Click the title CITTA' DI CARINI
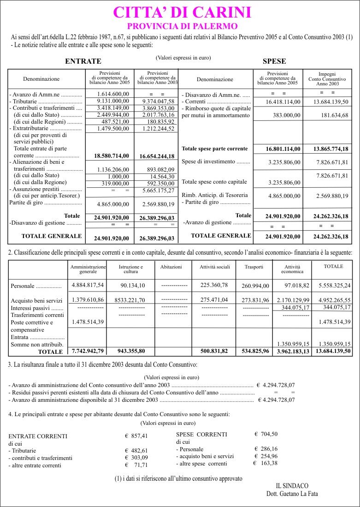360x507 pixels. click(182, 12)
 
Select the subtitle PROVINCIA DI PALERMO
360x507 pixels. click(182, 26)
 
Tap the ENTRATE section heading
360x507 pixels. click(83, 61)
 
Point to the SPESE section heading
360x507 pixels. click(274, 61)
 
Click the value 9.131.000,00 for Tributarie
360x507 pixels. click(113, 101)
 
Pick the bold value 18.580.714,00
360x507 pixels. click(111, 156)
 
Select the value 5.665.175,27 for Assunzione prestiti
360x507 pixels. click(157, 190)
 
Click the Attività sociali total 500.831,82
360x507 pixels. click(214, 352)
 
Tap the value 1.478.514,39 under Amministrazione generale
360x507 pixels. click(88, 322)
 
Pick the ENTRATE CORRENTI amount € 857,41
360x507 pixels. click(136, 435)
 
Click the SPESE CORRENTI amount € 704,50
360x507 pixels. click(266, 434)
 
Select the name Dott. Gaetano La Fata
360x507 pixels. click(292, 494)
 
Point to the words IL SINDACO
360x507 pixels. click(292, 486)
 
